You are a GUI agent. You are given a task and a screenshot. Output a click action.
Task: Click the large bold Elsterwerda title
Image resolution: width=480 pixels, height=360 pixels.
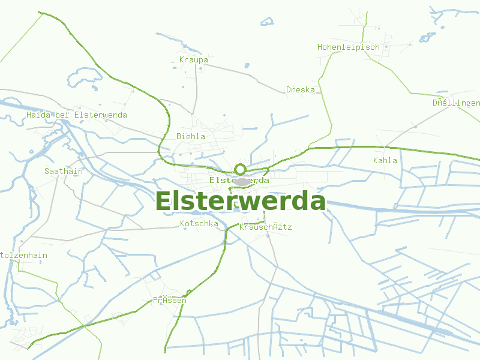(x=240, y=202)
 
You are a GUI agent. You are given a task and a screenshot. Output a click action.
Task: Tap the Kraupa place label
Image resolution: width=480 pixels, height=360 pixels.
(x=194, y=60)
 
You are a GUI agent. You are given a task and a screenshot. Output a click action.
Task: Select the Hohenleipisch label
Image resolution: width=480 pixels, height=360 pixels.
(x=349, y=47)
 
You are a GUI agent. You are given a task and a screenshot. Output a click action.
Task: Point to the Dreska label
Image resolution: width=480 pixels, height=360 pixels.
(x=301, y=90)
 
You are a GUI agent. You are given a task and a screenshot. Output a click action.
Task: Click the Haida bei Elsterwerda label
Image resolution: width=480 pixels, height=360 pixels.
(x=77, y=115)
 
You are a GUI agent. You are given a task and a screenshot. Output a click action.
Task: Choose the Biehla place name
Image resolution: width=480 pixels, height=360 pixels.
(x=191, y=136)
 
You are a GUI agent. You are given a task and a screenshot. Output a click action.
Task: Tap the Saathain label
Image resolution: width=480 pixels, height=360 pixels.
(x=64, y=171)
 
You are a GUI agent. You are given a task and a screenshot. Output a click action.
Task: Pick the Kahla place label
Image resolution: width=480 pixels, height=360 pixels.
(x=385, y=160)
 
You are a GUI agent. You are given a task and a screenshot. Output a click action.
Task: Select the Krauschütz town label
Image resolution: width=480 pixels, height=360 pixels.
(x=265, y=227)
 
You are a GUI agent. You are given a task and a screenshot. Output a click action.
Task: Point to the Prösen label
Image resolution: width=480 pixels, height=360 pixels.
(x=169, y=300)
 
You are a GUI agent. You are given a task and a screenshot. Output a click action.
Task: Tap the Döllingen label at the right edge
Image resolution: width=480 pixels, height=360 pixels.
(x=457, y=103)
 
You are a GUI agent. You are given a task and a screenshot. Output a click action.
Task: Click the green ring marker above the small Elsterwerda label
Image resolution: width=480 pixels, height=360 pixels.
(x=240, y=169)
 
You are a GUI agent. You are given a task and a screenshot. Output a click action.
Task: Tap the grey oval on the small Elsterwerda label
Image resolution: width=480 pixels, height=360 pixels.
(x=242, y=181)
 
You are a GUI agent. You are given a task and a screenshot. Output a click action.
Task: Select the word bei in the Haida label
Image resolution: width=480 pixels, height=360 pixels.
(x=64, y=115)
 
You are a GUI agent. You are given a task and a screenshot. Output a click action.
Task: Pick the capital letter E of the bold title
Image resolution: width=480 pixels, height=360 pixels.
(x=163, y=202)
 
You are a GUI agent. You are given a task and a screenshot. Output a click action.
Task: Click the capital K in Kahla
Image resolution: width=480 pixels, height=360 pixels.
(x=376, y=160)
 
